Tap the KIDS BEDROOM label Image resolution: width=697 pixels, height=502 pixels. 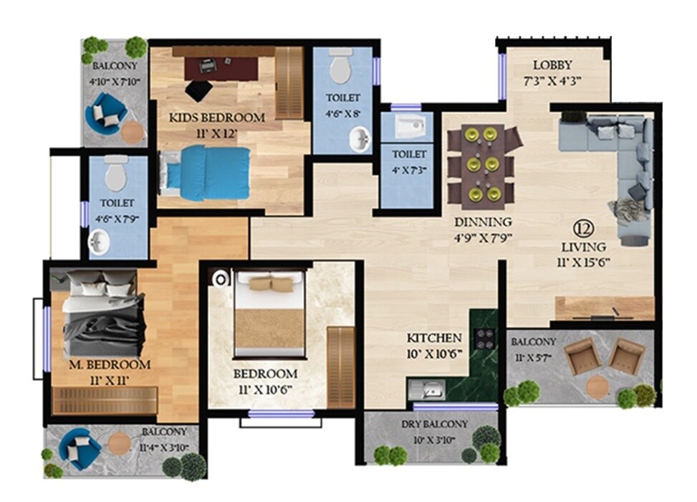[216, 117]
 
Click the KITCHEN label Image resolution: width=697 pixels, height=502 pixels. [434, 337]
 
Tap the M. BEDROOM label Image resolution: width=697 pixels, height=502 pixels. [110, 364]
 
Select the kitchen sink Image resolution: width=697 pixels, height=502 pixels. [432, 391]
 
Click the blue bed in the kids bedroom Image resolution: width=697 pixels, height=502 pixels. [206, 173]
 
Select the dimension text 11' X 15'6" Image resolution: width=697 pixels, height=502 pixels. [584, 262]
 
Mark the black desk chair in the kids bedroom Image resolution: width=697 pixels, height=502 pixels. [198, 90]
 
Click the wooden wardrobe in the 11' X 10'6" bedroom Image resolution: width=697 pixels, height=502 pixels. [341, 366]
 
